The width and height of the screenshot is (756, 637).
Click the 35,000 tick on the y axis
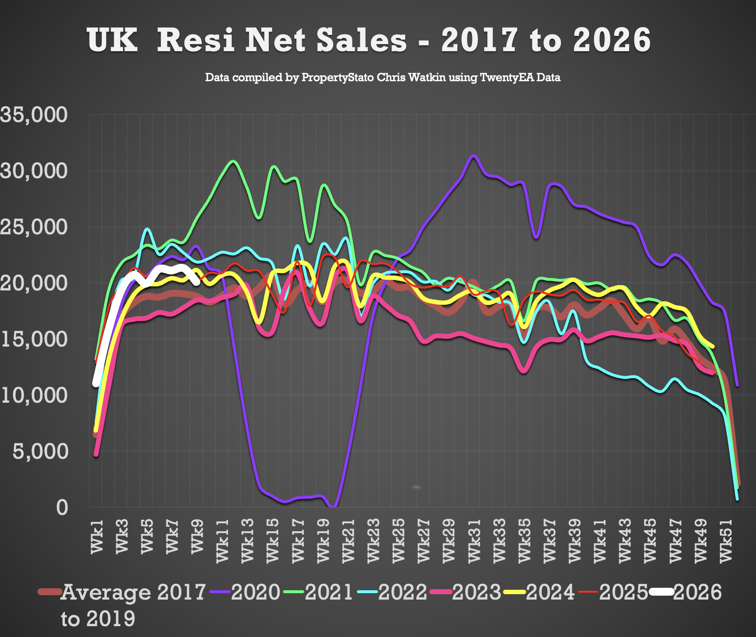(33, 115)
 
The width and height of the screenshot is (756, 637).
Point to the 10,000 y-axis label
(33, 395)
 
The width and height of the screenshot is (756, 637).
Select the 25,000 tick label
(33, 227)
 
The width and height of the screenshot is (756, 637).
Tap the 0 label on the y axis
(62, 507)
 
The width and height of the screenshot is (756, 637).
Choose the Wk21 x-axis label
(348, 541)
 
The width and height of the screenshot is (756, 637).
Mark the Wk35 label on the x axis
(525, 541)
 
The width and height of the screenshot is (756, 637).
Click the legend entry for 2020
(255, 592)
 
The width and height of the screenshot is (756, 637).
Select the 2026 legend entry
(697, 592)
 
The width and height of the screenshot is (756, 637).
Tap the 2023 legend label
(476, 592)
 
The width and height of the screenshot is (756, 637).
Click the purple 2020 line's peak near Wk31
(473, 156)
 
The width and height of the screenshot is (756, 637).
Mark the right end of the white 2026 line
(197, 282)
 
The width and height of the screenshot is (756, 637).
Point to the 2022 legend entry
(402, 592)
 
